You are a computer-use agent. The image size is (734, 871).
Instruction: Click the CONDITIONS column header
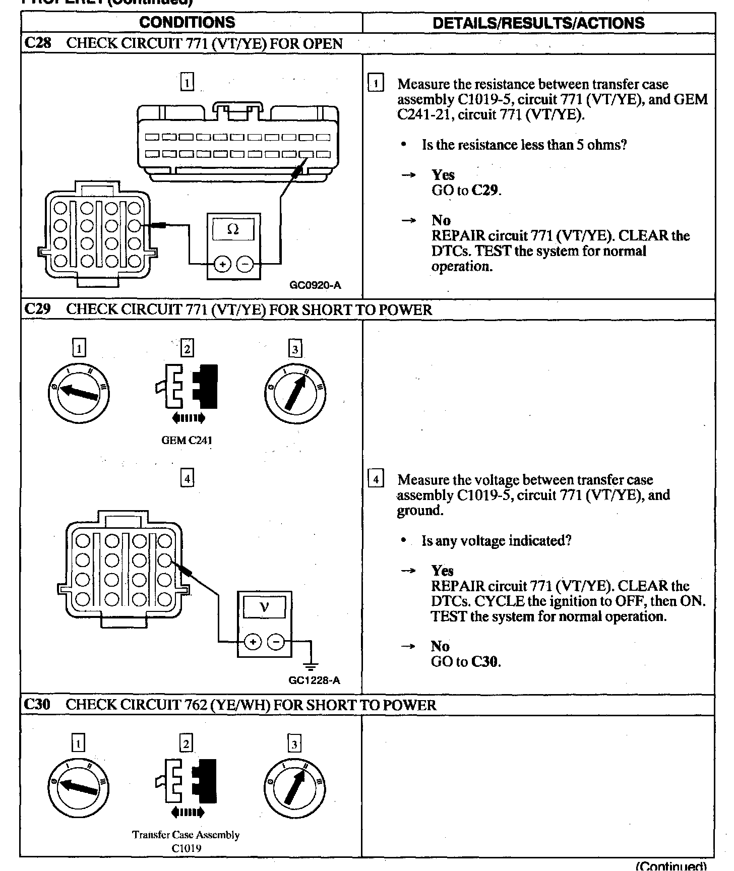click(x=187, y=22)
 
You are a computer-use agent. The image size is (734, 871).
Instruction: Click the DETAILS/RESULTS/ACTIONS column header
click(x=538, y=23)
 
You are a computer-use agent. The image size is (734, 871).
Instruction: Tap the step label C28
click(x=37, y=43)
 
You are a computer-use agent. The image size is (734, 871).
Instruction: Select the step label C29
click(x=37, y=309)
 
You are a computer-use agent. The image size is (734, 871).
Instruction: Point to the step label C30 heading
click(x=37, y=704)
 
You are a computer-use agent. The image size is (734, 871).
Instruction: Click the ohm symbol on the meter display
click(x=233, y=229)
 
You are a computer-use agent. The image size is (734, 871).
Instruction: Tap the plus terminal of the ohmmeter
click(x=222, y=264)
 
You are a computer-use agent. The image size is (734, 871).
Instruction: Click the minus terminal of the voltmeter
click(x=276, y=642)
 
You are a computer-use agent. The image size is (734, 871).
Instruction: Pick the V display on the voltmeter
click(x=264, y=607)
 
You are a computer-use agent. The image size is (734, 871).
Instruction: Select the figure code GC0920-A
click(x=315, y=285)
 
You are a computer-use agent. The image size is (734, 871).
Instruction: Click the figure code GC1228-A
click(x=314, y=680)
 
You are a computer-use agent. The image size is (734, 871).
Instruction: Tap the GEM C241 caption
click(x=187, y=440)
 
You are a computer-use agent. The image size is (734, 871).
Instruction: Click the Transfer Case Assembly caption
click(x=186, y=835)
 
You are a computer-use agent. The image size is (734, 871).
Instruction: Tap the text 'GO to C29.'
click(x=466, y=190)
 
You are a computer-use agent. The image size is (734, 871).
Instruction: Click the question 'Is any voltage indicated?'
click(x=496, y=541)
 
